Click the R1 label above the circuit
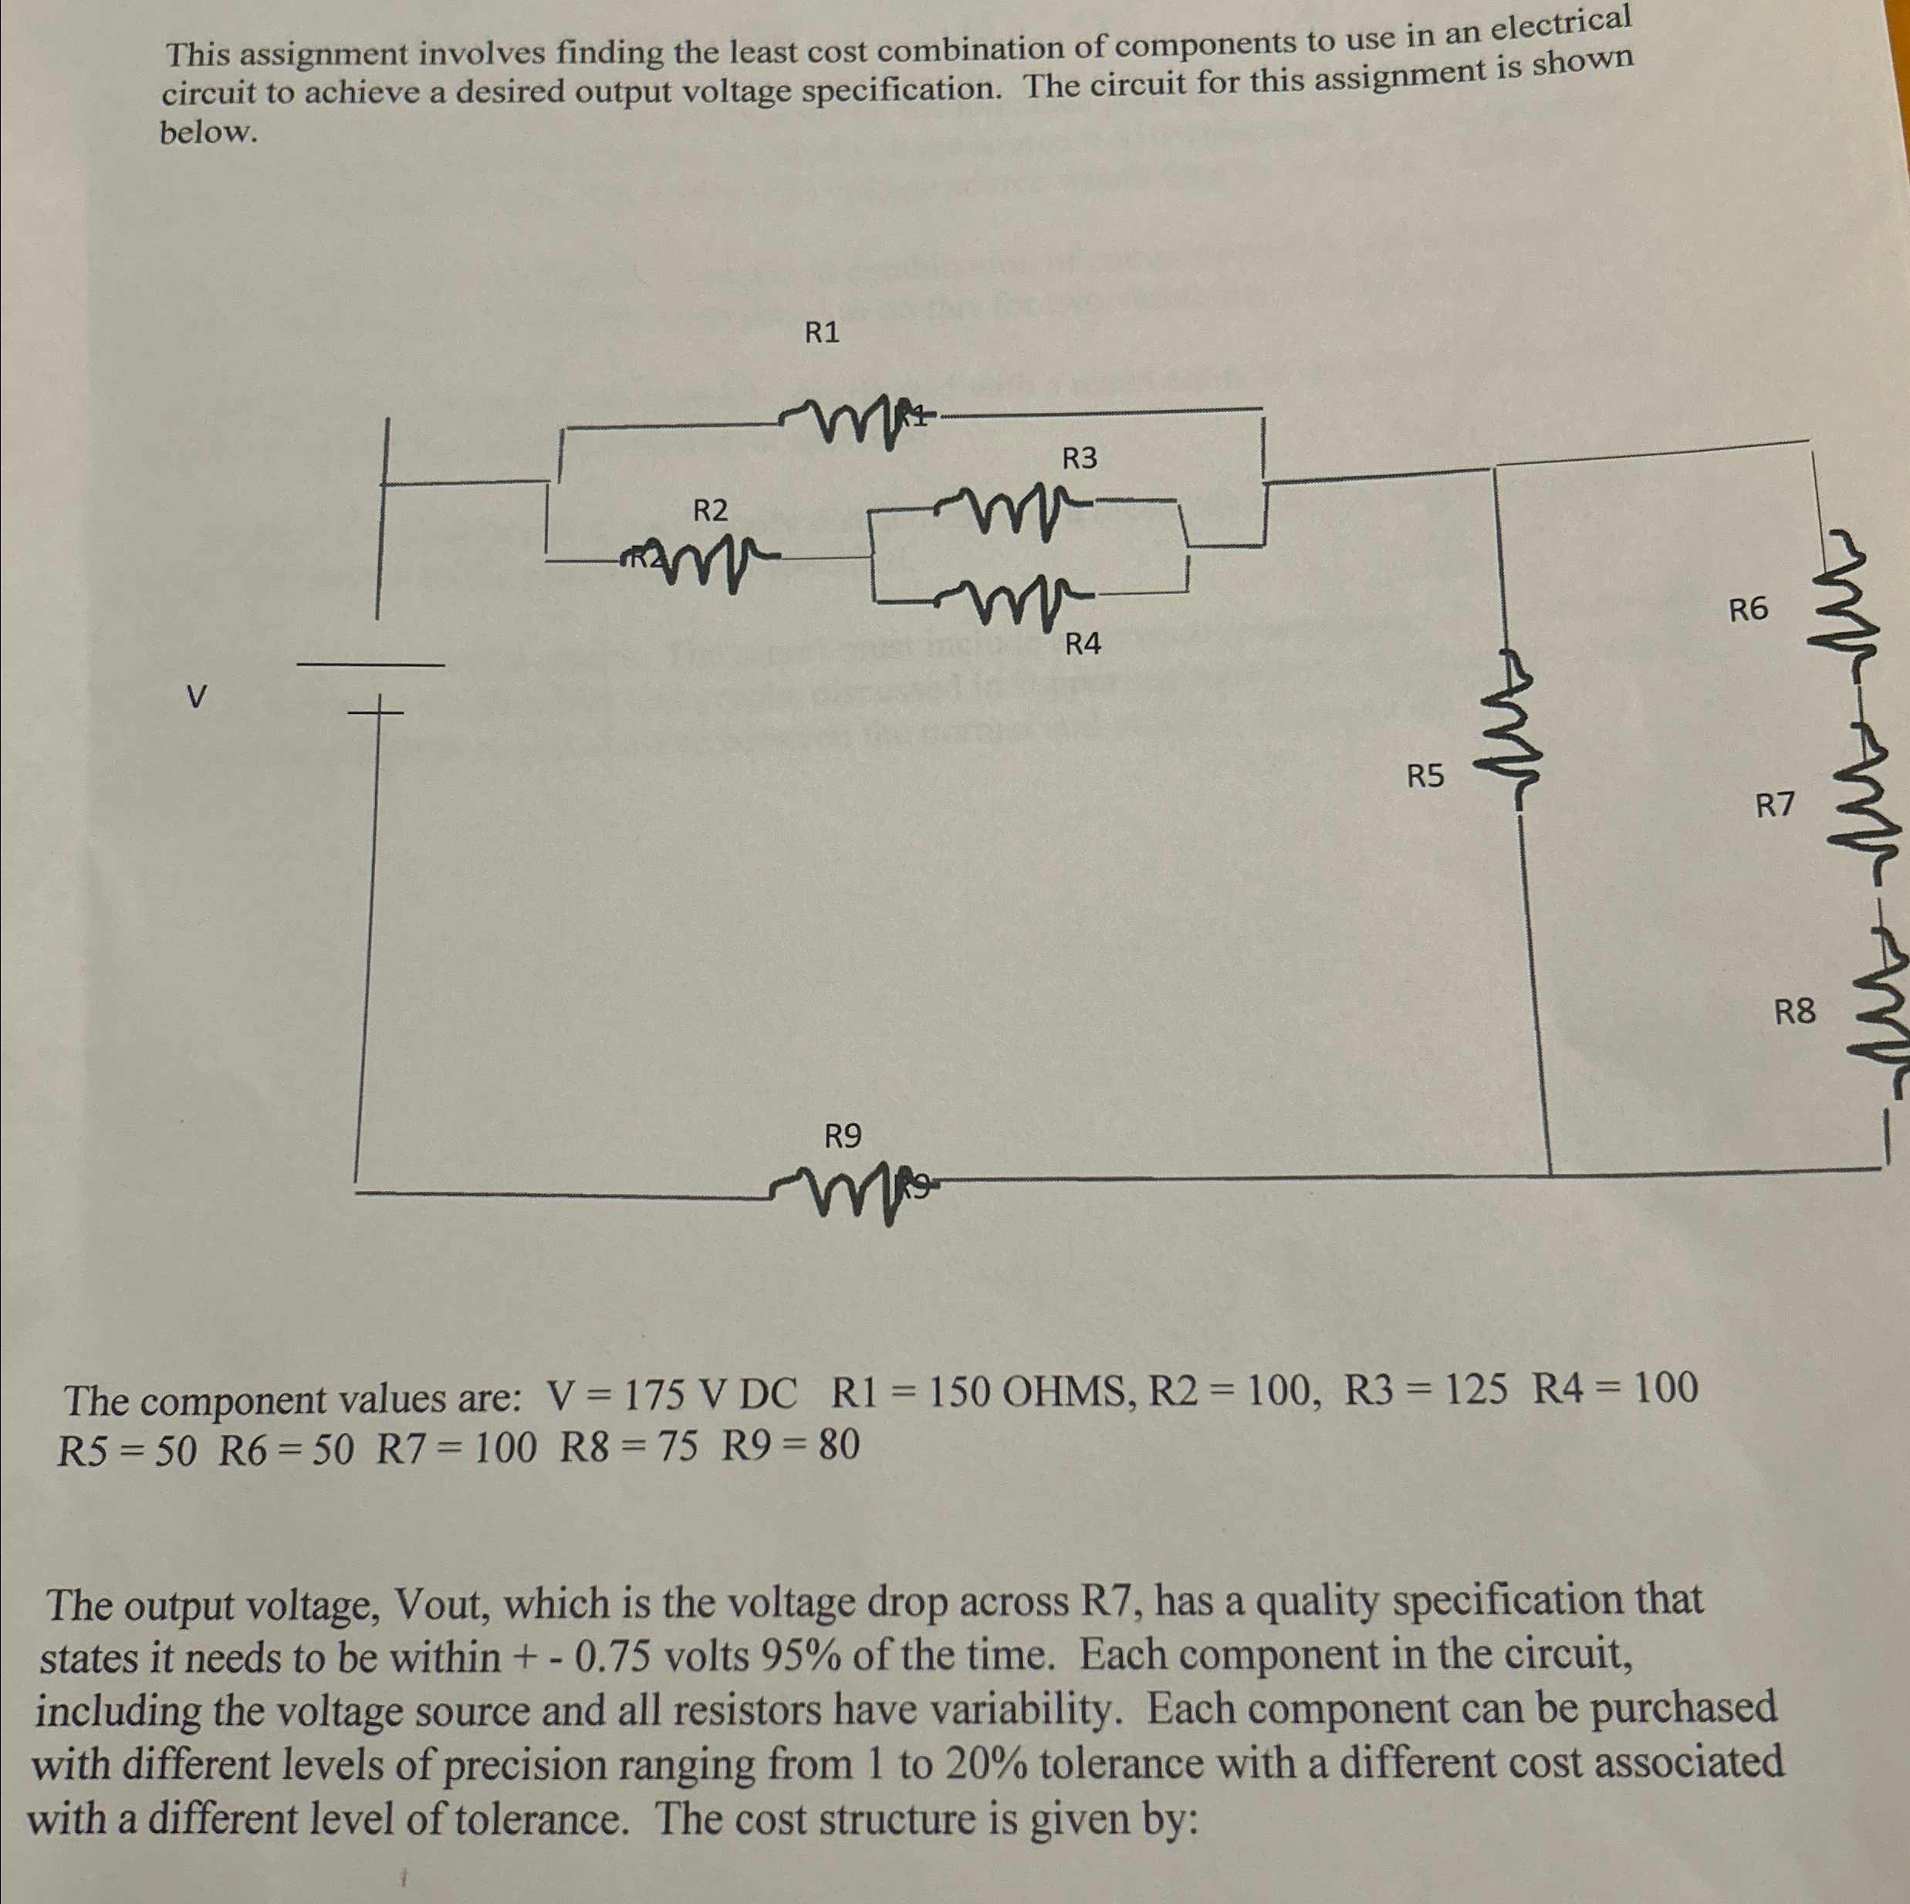(822, 333)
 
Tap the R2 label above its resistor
(710, 510)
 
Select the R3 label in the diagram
(1080, 458)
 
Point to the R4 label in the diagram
(1083, 645)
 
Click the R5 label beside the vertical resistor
(1425, 777)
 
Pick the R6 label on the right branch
(1748, 610)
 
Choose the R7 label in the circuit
(1774, 806)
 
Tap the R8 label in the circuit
(1794, 1011)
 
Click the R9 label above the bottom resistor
(842, 1137)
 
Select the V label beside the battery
(197, 698)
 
